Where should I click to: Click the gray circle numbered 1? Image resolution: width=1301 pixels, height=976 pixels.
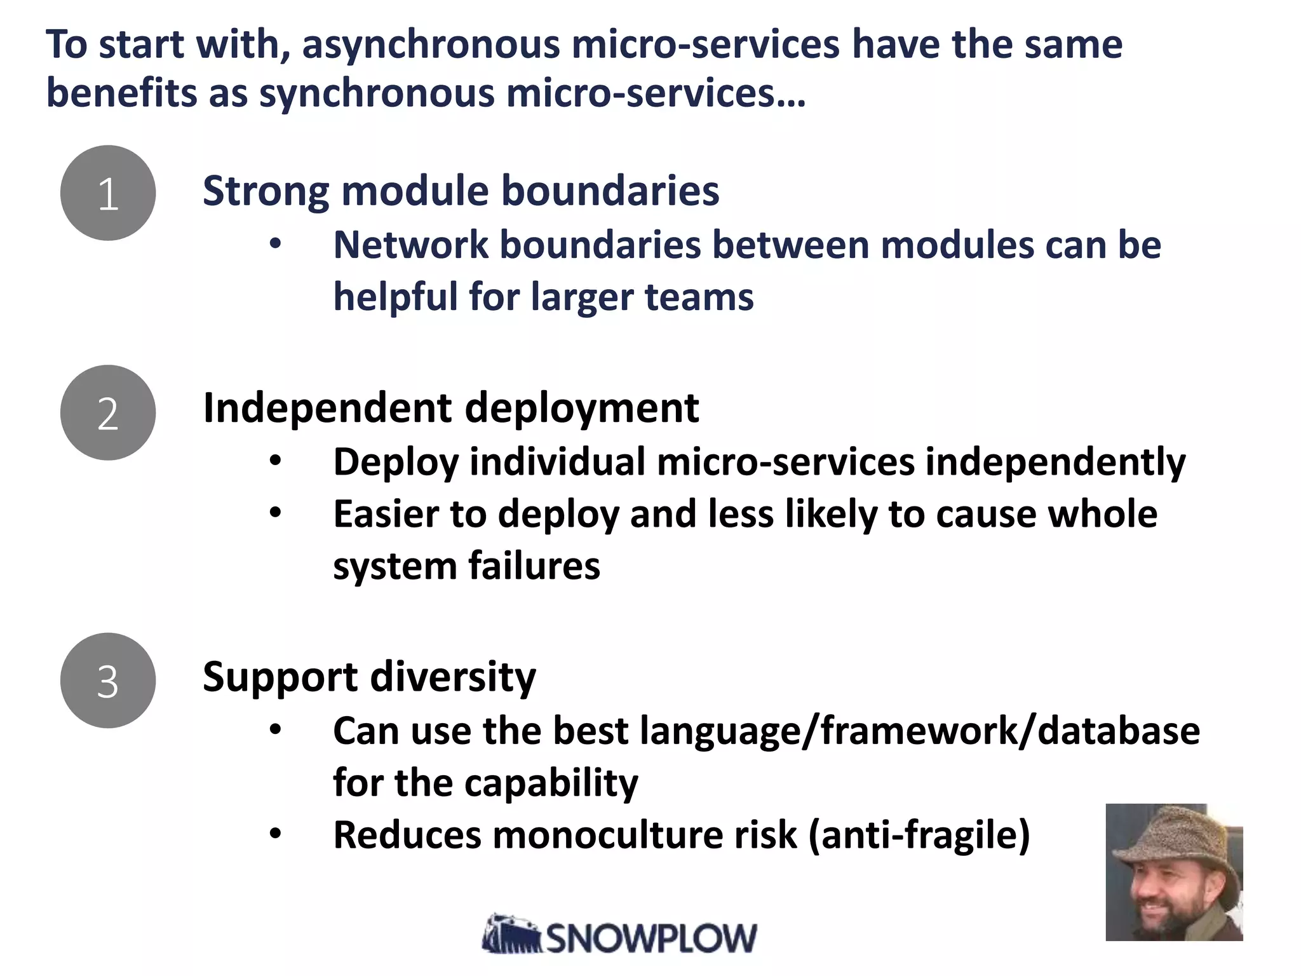108,193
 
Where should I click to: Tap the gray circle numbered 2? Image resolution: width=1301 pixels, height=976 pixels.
108,413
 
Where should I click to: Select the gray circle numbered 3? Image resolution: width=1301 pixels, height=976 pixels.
108,681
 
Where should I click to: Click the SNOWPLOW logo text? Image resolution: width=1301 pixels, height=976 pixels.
651,938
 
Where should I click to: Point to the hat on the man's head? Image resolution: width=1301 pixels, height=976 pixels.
1175,839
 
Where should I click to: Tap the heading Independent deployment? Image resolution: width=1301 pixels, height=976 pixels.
450,408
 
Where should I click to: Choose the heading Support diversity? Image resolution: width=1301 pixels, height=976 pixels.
369,677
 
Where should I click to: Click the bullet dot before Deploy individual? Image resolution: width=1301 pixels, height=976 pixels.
274,461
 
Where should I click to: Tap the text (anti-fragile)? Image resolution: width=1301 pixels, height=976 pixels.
919,835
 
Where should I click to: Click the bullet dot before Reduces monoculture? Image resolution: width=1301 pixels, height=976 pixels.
274,834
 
